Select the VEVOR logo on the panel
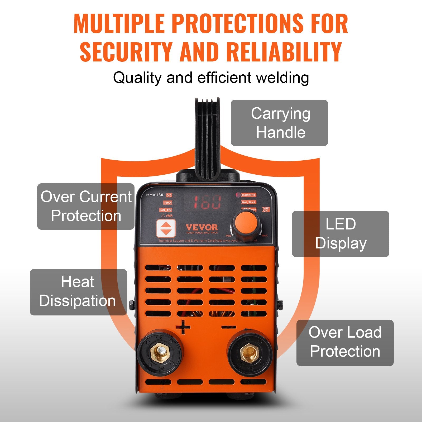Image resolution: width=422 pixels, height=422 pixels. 202,228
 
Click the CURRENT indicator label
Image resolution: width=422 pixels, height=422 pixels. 248,195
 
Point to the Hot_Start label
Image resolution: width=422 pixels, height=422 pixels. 248,202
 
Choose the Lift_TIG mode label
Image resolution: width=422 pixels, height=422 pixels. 166,210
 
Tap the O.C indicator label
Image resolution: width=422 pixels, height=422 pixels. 169,195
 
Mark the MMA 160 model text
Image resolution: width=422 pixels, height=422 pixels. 155,195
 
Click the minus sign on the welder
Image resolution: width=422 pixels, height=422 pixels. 228,327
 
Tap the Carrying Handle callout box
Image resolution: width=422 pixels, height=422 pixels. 279,123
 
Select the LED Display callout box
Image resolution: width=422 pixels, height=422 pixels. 341,234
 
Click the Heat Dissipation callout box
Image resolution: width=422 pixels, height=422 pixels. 78,292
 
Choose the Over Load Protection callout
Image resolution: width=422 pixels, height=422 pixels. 345,343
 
